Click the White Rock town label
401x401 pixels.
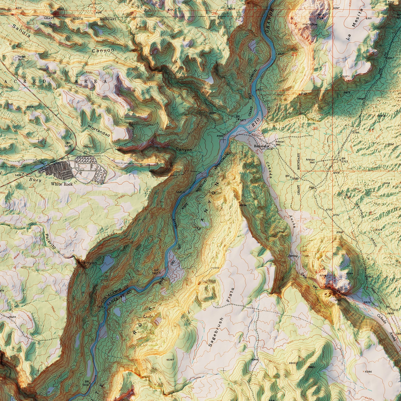pyautogui.click(x=62, y=184)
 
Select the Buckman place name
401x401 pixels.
pyautogui.click(x=260, y=146)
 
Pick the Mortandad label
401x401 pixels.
pyautogui.click(x=99, y=130)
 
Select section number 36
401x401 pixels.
pyautogui.click(x=315, y=128)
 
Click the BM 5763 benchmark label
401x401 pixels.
pyautogui.click(x=344, y=160)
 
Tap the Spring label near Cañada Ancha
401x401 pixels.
pyautogui.click(x=293, y=256)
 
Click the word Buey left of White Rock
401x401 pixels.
pyautogui.click(x=35, y=180)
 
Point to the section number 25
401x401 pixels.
pyautogui.click(x=294, y=54)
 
